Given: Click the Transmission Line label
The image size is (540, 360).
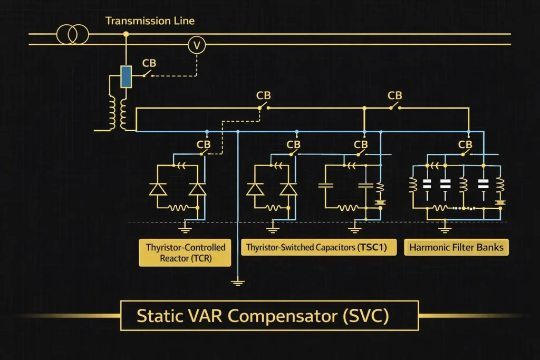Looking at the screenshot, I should coord(150,21).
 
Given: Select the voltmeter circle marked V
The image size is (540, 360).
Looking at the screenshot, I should coord(197,46).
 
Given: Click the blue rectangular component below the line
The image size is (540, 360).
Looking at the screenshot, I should coord(126,76).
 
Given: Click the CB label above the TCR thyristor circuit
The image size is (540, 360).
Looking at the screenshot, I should coord(204,144).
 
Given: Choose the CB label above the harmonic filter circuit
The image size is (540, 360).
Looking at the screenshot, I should coord(465,144).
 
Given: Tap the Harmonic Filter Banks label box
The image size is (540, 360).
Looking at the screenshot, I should coord(456,247).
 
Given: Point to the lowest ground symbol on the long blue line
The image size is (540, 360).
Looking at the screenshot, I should coord(238,283).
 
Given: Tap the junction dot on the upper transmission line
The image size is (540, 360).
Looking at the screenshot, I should coord(126,34).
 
